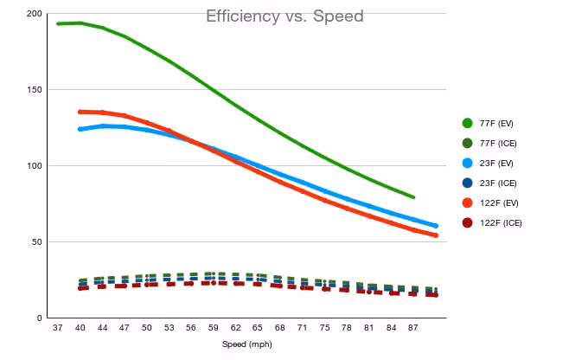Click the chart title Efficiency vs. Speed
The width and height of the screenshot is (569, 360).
pyautogui.click(x=284, y=16)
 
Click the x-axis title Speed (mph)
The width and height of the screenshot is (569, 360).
pyautogui.click(x=247, y=344)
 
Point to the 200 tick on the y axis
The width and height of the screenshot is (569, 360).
pyautogui.click(x=35, y=14)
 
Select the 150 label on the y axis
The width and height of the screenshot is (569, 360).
pyautogui.click(x=35, y=89)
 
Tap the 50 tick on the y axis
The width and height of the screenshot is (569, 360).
pyautogui.click(x=36, y=241)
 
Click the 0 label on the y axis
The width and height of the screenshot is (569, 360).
pyautogui.click(x=39, y=318)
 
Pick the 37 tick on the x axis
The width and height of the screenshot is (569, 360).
pyautogui.click(x=57, y=328)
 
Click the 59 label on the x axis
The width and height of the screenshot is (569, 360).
pyautogui.click(x=213, y=328)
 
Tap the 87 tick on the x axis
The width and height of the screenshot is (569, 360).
pyautogui.click(x=412, y=328)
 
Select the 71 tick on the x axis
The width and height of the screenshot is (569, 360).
pyautogui.click(x=302, y=328)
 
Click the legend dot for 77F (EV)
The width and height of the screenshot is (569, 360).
pyautogui.click(x=467, y=123)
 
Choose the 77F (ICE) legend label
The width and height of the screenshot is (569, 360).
pyautogui.click(x=498, y=143)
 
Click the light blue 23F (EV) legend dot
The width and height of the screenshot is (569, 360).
pyautogui.click(x=467, y=163)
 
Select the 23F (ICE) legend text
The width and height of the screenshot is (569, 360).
pyautogui.click(x=498, y=183)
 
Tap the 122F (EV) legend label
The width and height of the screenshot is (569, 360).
pyautogui.click(x=499, y=203)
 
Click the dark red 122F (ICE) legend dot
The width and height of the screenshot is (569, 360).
pyautogui.click(x=467, y=222)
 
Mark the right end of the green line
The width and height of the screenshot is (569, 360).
pyautogui.click(x=413, y=197)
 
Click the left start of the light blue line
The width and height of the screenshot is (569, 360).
pyautogui.click(x=80, y=129)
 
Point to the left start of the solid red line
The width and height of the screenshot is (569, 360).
pyautogui.click(x=80, y=112)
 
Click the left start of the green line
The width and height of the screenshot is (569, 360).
pyautogui.click(x=58, y=24)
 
